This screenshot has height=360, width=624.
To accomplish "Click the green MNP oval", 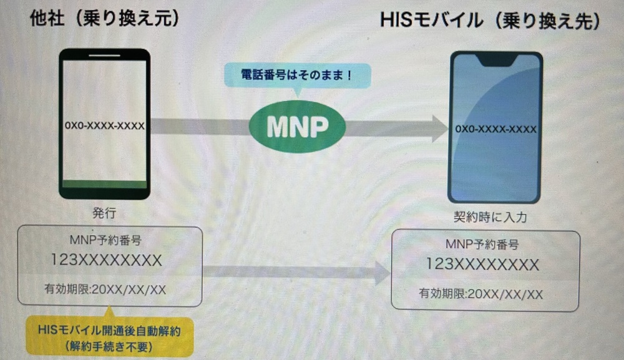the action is point(298,127).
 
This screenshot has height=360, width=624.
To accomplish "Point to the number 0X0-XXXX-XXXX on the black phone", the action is point(105,126).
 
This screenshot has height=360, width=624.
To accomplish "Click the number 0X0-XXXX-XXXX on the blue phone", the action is point(496,129).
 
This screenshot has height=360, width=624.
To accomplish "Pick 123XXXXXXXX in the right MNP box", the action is point(483,265).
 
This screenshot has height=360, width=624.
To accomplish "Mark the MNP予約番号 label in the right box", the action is point(482,245).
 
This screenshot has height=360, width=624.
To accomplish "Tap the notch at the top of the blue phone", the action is point(495,59).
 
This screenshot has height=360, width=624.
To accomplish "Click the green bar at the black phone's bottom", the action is point(105,185).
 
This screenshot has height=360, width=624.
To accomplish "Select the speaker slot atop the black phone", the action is point(104,56).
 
